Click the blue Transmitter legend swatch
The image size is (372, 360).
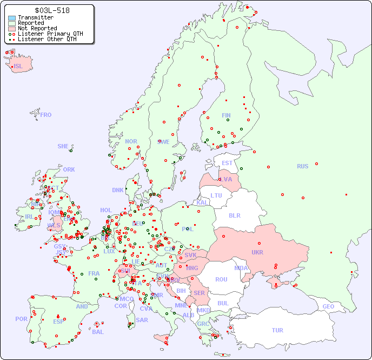click(x=12, y=18)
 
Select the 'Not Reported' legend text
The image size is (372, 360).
click(x=37, y=28)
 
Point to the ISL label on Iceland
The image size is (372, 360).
click(x=18, y=67)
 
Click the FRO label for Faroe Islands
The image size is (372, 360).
click(x=46, y=115)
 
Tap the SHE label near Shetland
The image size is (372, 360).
click(x=63, y=146)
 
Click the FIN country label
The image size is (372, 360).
click(x=226, y=115)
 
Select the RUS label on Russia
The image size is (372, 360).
click(x=302, y=166)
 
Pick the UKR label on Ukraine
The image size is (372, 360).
click(x=257, y=252)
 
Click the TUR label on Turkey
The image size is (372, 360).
click(x=277, y=330)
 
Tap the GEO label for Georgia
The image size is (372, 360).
click(x=328, y=306)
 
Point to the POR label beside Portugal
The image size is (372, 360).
click(x=21, y=319)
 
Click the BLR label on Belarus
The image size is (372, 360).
click(x=235, y=215)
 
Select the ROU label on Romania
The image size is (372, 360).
click(x=221, y=279)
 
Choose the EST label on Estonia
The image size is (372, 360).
click(x=227, y=163)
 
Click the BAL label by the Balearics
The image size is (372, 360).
click(x=97, y=332)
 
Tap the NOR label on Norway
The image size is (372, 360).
click(x=131, y=141)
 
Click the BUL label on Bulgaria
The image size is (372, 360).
click(x=223, y=303)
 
